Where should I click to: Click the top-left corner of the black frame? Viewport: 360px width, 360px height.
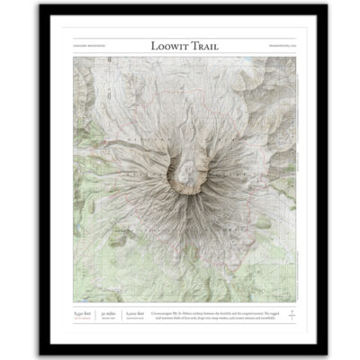tap(41, 6)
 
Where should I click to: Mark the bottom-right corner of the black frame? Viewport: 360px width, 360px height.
tap(319, 353)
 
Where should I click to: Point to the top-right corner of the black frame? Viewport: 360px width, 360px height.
tap(319, 6)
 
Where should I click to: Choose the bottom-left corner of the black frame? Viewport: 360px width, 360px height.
tap(41, 353)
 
